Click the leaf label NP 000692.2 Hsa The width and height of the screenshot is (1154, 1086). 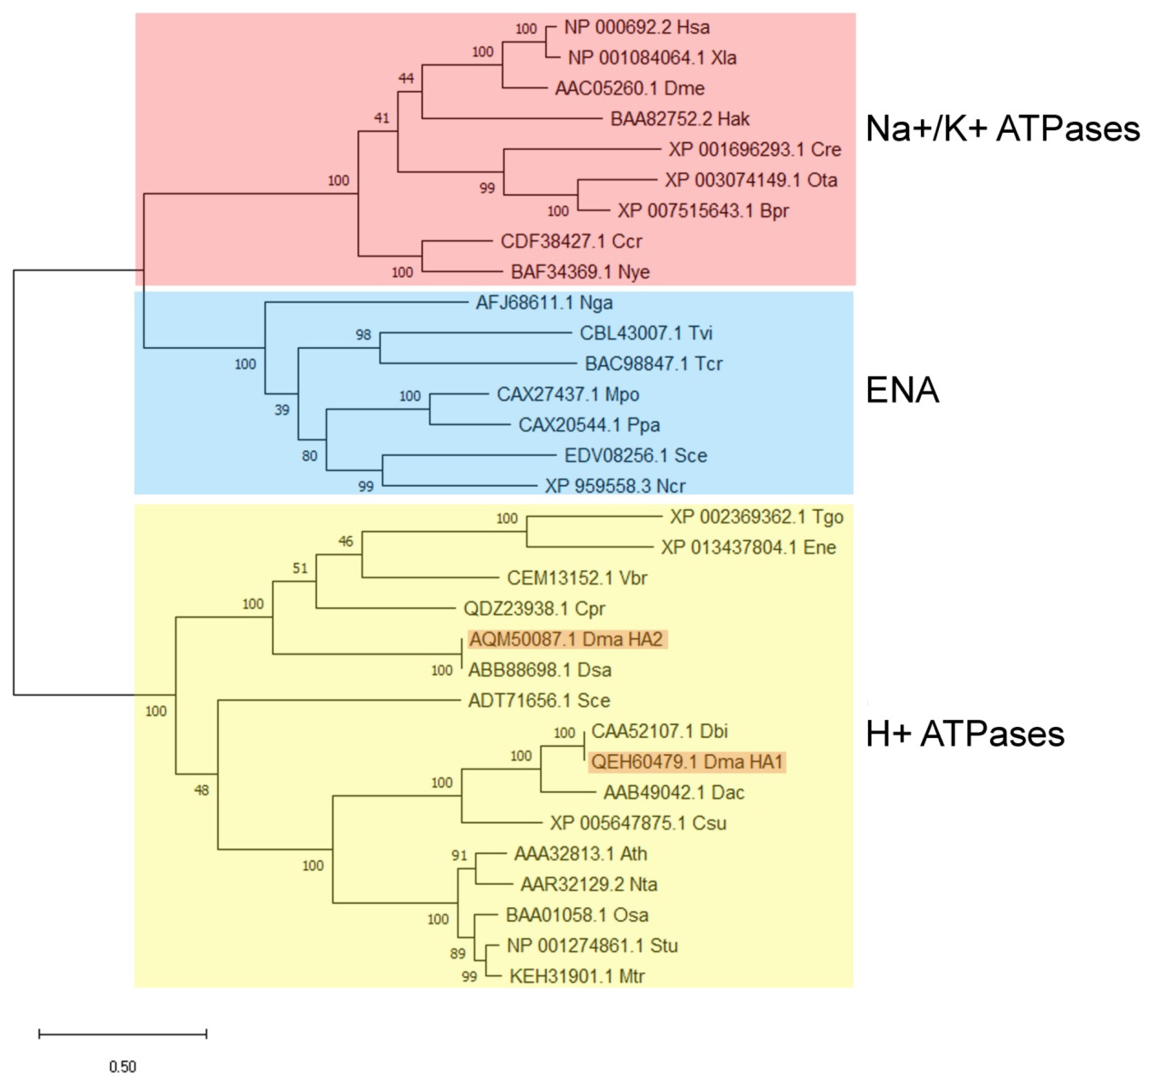pos(637,27)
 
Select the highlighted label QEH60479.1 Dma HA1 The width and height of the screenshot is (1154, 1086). pos(687,762)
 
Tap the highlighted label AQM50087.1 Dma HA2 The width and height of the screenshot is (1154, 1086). pos(566,639)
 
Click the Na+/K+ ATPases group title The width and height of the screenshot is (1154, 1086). pos(1002,128)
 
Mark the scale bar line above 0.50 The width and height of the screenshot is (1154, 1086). pos(122,1033)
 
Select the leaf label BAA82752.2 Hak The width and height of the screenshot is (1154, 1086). pos(680,119)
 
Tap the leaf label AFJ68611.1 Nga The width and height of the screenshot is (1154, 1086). pos(544,303)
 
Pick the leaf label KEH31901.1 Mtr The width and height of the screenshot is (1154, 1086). pos(577,976)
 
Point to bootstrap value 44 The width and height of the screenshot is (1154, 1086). pos(406,78)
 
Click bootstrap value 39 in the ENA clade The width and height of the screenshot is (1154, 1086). pos(282,410)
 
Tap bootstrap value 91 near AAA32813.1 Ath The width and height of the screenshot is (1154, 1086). pos(459,855)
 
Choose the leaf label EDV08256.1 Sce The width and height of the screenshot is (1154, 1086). pos(636,455)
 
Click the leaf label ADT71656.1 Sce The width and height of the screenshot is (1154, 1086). pos(539,701)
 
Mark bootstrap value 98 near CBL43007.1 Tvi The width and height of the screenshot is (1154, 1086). pos(363,334)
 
